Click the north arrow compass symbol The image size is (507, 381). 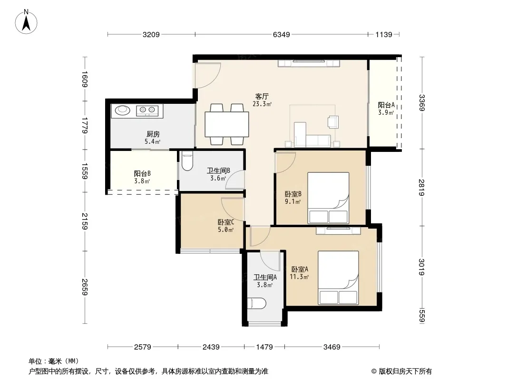(26, 22)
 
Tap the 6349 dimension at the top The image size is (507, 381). (281, 34)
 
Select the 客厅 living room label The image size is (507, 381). (262, 97)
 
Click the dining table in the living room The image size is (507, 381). (227, 124)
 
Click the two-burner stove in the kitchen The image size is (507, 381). (147, 110)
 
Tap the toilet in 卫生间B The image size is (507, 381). (187, 162)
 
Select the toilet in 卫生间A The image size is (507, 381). (257, 303)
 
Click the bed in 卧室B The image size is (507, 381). (328, 198)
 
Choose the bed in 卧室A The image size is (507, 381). (338, 278)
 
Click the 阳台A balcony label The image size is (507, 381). (386, 105)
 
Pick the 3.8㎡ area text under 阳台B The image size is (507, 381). (142, 181)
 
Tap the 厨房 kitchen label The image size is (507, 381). (153, 134)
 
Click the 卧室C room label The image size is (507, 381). (226, 222)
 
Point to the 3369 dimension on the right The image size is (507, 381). (421, 102)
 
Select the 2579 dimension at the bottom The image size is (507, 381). (143, 347)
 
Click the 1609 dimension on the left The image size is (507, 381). (85, 79)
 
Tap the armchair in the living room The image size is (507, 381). (333, 122)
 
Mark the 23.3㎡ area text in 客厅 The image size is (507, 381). (262, 104)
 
